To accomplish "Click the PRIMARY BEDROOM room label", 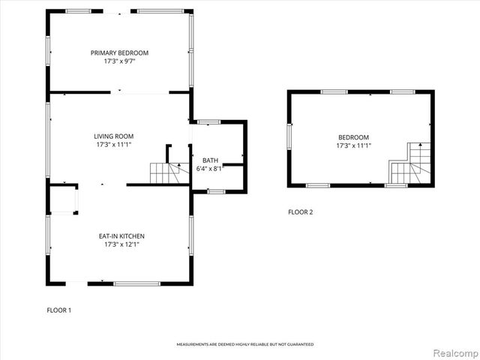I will (120, 52).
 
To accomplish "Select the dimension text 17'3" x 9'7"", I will (120, 61).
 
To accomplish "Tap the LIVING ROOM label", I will (114, 136).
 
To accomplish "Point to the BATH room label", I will (210, 160).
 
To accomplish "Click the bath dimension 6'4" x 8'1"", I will (210, 169).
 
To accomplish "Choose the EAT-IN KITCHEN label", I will (121, 235).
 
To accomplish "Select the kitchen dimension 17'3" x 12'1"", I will (121, 244).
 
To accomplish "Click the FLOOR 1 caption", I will (58, 310).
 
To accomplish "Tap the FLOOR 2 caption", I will (300, 211).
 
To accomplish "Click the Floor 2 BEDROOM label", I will (353, 136).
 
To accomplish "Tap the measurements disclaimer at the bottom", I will (245, 344).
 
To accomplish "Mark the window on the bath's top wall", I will (208, 121).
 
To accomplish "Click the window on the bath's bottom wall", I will (217, 192).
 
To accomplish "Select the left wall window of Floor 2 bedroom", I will (289, 137).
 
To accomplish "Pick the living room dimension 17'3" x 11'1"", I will (114, 145).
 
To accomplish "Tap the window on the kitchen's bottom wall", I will (136, 283).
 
